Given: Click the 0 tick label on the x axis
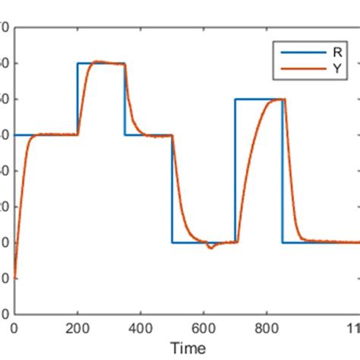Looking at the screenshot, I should (14, 330).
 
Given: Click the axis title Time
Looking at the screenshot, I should (188, 349).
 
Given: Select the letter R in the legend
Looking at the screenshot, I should (336, 52).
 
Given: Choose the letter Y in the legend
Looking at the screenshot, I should (336, 68).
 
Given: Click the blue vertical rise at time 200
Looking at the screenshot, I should (77, 99).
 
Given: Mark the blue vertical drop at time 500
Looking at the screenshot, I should (172, 190).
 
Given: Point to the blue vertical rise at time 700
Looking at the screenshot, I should (235, 171).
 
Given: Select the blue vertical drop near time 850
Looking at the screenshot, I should (283, 171).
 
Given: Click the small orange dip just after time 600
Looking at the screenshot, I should (210, 248).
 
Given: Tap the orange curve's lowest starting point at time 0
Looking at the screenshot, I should (15, 278).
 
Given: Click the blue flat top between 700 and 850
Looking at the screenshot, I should (258, 99).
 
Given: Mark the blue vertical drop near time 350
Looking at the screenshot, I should (125, 99).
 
